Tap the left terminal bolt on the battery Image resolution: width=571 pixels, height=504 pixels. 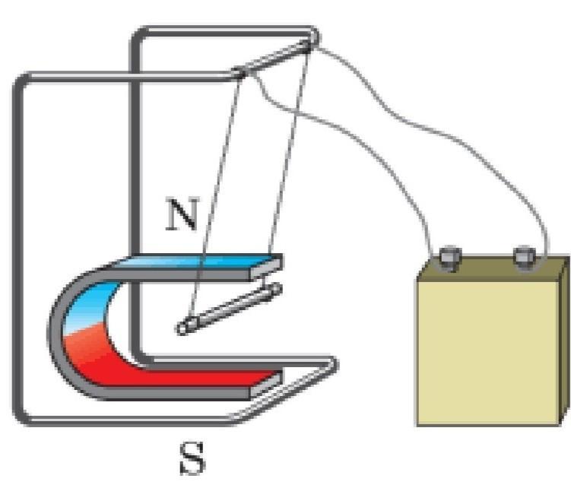449,255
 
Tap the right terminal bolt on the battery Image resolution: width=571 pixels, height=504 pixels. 523,255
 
